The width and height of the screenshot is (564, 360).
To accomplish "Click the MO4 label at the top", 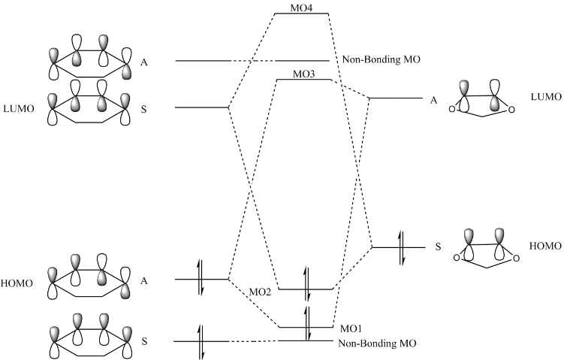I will click(300, 8).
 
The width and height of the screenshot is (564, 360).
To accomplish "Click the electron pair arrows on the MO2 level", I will click(306, 277).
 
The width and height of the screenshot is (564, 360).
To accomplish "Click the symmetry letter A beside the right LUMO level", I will click(433, 98).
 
